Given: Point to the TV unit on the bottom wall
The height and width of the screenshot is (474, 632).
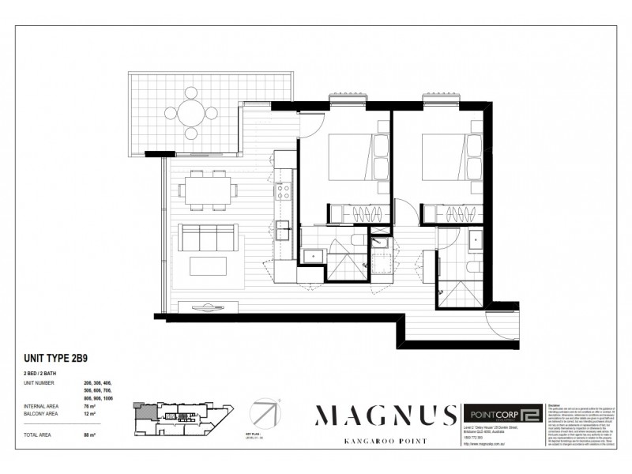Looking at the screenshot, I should click(x=208, y=307).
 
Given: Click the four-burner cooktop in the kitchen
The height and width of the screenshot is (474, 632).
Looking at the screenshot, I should click(x=282, y=190).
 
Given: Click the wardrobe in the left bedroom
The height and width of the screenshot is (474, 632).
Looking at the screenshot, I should click(x=359, y=213).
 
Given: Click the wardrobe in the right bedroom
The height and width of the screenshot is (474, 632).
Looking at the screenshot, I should click(x=454, y=214).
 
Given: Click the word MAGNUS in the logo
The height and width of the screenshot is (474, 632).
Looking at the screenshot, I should click(x=386, y=415).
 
